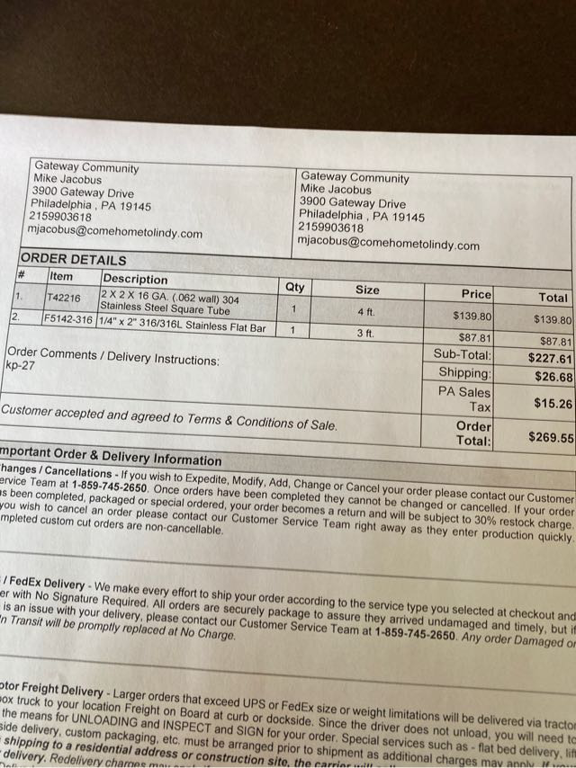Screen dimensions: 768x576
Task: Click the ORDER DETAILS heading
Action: pos(73,259)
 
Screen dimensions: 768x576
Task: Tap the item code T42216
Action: pos(63,298)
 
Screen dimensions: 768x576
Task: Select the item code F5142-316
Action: pos(68,319)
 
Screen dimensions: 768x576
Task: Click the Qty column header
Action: pos(294,288)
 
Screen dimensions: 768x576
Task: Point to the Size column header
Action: pos(367,290)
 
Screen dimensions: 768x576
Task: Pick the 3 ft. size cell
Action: pos(365,333)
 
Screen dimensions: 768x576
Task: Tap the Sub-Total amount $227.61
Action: pos(549,357)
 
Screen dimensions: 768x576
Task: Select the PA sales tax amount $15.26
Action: pos(552,404)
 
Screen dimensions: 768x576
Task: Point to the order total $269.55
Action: pos(550,438)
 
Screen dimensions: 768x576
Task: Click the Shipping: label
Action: pos(464,372)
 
